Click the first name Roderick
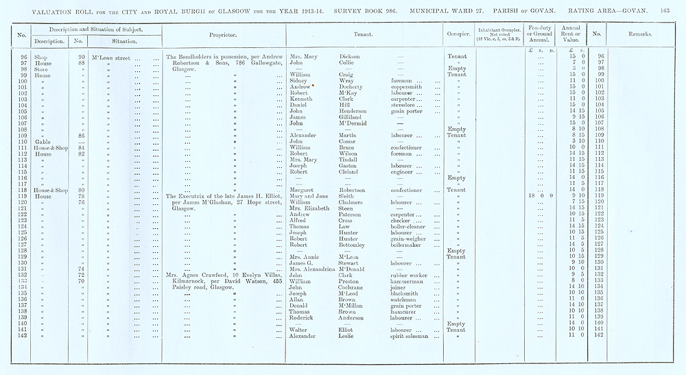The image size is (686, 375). pos(303,317)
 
